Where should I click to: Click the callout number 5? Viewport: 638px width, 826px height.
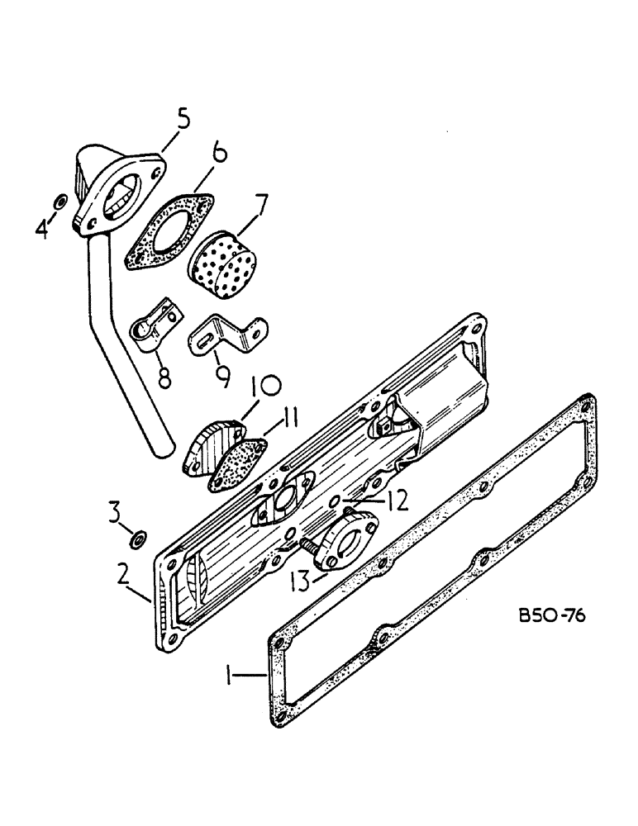point(183,118)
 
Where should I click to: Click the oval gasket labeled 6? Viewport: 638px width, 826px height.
point(169,230)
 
